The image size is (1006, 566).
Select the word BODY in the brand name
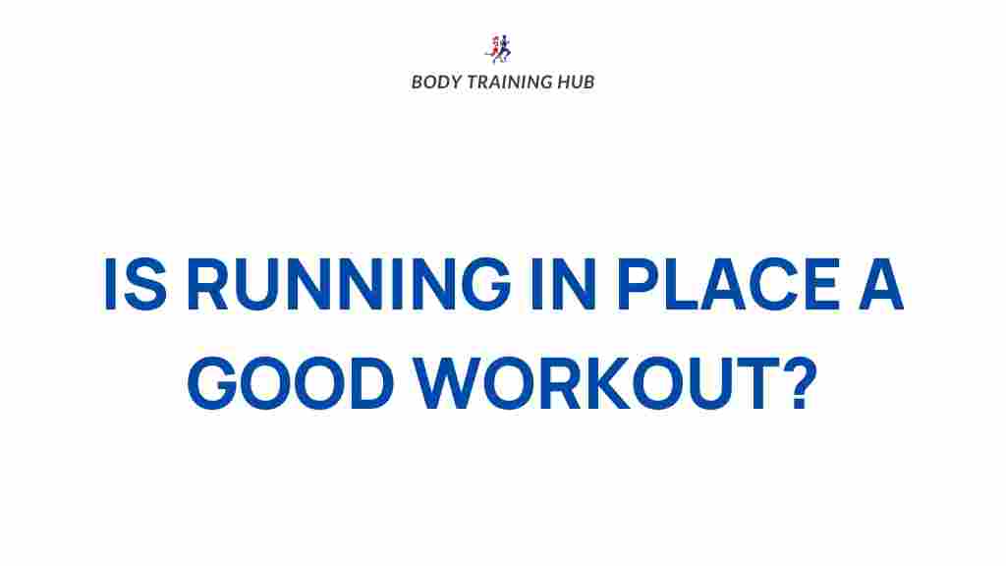(434, 82)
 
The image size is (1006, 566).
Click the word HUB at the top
(576, 82)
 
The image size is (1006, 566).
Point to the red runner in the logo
(494, 48)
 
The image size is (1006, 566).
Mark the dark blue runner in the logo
(506, 48)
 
